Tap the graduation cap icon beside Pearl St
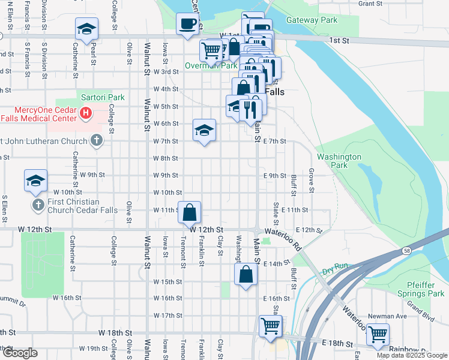point(86,29)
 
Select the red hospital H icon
point(86,112)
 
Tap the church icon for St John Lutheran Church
point(96,141)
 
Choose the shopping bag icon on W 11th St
point(190,212)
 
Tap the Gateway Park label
point(312,20)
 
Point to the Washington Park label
point(339,161)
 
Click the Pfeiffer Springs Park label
point(420,289)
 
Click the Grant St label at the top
point(370,4)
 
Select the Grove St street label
point(312,179)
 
